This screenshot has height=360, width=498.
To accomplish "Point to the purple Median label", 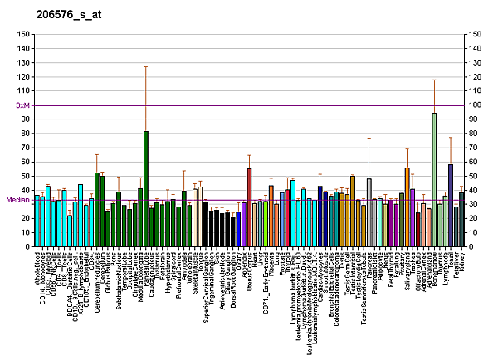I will tap(17, 200).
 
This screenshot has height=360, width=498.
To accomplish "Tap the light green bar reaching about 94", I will tap(433, 180).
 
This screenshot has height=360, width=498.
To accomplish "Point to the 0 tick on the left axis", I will tap(25, 247).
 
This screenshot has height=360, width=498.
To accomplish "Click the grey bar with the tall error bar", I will tap(369, 212).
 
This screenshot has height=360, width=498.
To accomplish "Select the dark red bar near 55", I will tap(249, 207).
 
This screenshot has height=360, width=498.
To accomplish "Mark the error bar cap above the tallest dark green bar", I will tap(146, 66).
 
